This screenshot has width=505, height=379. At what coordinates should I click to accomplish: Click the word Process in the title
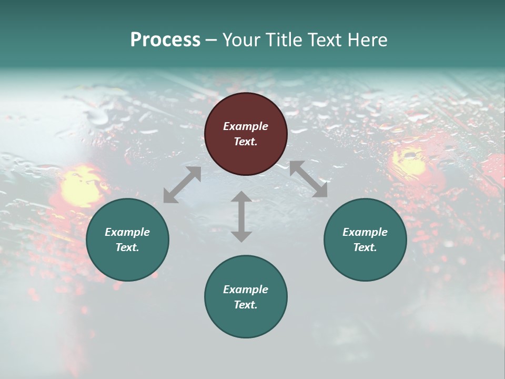(165, 40)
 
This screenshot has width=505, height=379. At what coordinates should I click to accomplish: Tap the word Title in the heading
(282, 40)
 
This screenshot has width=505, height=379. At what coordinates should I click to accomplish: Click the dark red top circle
(246, 134)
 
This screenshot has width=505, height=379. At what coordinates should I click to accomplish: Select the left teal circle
(127, 240)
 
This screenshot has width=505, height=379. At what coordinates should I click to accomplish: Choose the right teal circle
(365, 240)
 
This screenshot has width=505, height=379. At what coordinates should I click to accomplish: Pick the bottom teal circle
(246, 297)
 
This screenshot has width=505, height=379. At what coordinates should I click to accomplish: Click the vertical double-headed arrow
(241, 216)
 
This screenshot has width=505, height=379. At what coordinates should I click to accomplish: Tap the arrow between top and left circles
(182, 185)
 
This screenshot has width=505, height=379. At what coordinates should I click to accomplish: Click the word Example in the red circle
(246, 126)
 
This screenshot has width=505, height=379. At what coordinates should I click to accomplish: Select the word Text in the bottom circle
(245, 305)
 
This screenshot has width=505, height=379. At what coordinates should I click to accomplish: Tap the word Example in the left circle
(127, 232)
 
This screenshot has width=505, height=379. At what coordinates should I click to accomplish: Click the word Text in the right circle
(364, 247)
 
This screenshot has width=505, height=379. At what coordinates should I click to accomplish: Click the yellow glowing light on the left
(82, 187)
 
